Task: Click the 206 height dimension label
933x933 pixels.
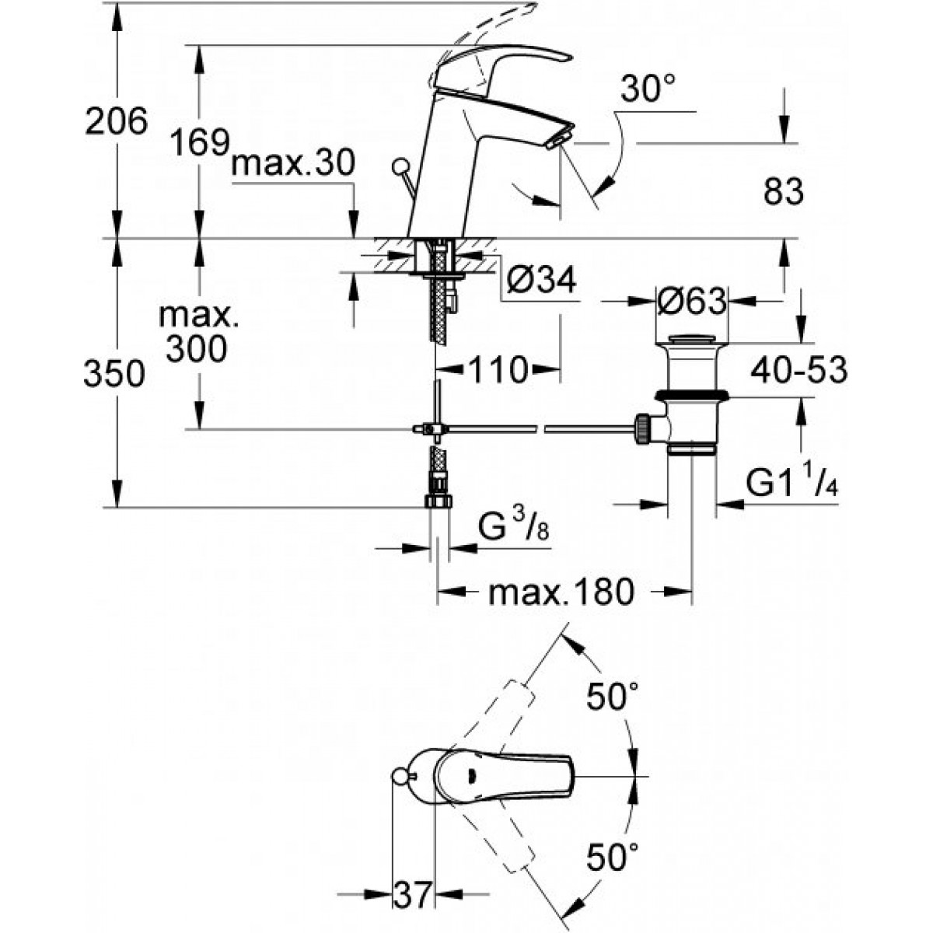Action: click(x=116, y=121)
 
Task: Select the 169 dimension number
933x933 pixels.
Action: click(x=200, y=142)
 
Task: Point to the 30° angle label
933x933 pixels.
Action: click(x=648, y=88)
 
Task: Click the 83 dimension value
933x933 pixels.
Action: click(x=784, y=192)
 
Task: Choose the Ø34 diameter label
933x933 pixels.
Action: click(x=541, y=280)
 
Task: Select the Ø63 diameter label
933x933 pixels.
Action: click(x=692, y=301)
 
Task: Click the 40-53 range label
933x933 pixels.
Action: click(x=799, y=370)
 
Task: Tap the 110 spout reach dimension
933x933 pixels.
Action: click(x=498, y=370)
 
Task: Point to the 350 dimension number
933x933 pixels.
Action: click(x=114, y=374)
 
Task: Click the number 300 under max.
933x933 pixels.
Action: click(x=196, y=348)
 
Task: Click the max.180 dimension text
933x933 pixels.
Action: click(x=561, y=592)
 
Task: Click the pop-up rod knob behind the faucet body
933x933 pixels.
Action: click(x=400, y=166)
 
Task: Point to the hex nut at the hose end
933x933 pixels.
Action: click(x=439, y=501)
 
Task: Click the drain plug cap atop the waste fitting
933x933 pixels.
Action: click(x=691, y=340)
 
